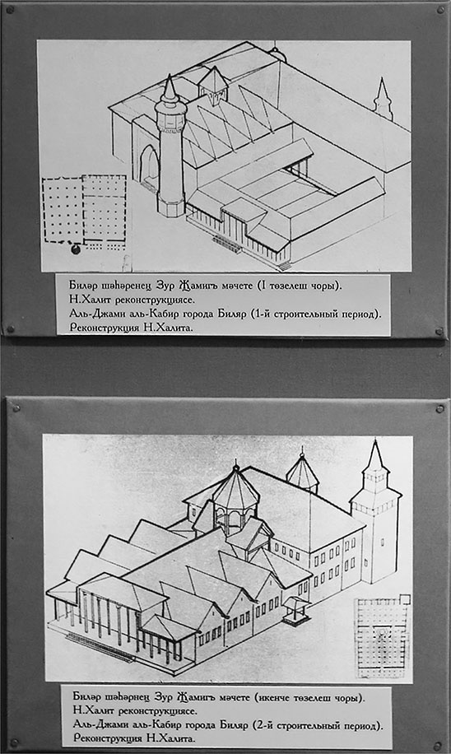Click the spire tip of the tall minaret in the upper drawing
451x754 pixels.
click(x=170, y=76)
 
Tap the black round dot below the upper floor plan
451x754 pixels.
click(x=76, y=249)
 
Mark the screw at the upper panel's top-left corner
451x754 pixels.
click(x=10, y=10)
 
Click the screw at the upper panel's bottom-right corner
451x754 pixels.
click(x=439, y=332)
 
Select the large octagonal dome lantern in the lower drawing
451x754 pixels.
click(x=235, y=496)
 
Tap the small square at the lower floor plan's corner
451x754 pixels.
click(x=405, y=599)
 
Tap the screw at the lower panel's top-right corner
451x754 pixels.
click(x=439, y=409)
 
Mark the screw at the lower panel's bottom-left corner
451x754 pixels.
click(x=15, y=743)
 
